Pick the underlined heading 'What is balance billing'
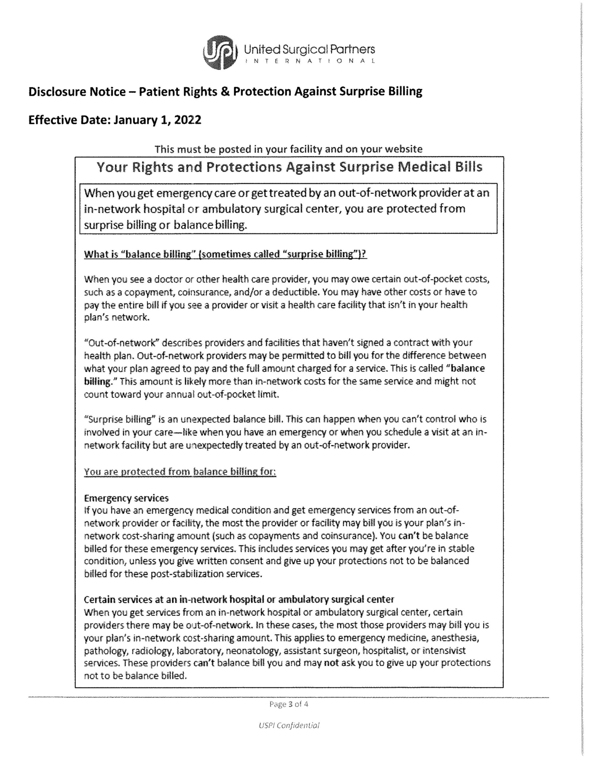tap(225, 254)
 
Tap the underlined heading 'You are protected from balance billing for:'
tap(180, 472)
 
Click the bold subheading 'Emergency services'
tap(126, 498)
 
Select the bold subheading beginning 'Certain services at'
tap(239, 599)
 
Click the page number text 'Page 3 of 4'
tap(289, 704)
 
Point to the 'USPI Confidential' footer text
tap(289, 725)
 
